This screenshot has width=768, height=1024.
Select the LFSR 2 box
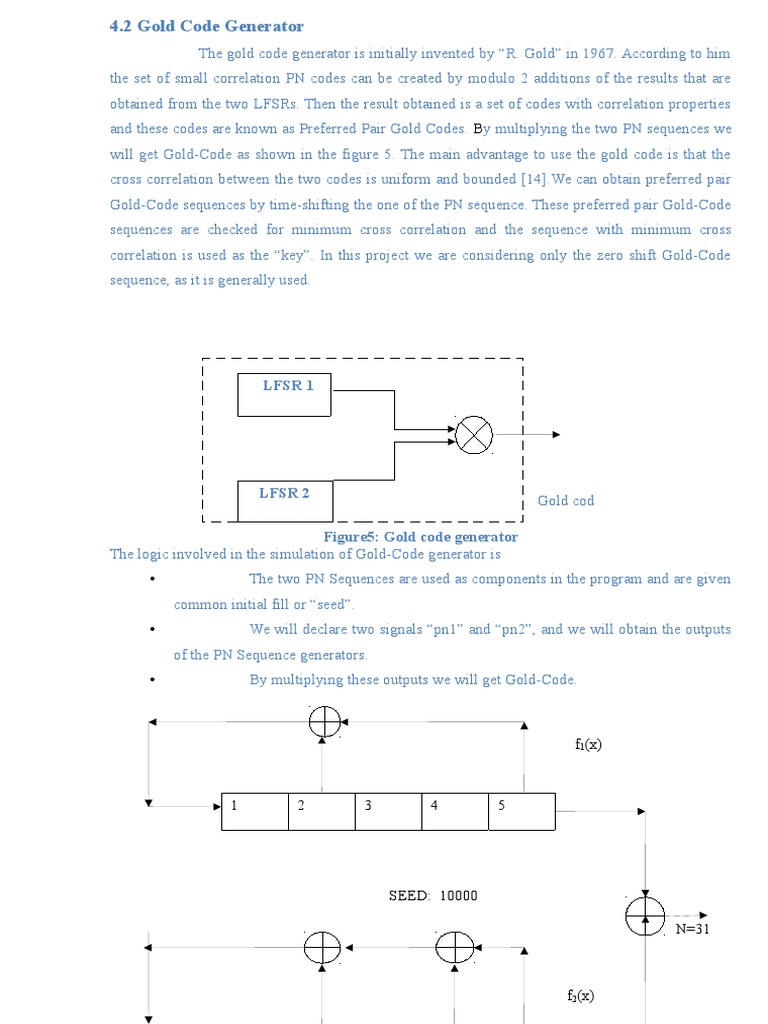[285, 500]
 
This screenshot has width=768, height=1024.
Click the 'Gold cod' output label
[566, 500]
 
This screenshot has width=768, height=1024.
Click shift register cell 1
[255, 811]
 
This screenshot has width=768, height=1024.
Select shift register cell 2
[322, 811]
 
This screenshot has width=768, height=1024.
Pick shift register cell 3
[389, 811]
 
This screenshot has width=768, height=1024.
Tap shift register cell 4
[456, 811]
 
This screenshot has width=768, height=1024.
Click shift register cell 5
[522, 811]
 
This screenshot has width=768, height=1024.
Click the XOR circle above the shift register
[324, 722]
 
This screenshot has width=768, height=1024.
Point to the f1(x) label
[588, 745]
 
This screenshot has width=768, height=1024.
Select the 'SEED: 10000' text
[433, 895]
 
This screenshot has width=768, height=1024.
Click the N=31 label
[692, 928]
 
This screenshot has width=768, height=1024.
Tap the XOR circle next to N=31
[645, 915]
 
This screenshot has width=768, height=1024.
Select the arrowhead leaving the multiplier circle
[555, 435]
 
